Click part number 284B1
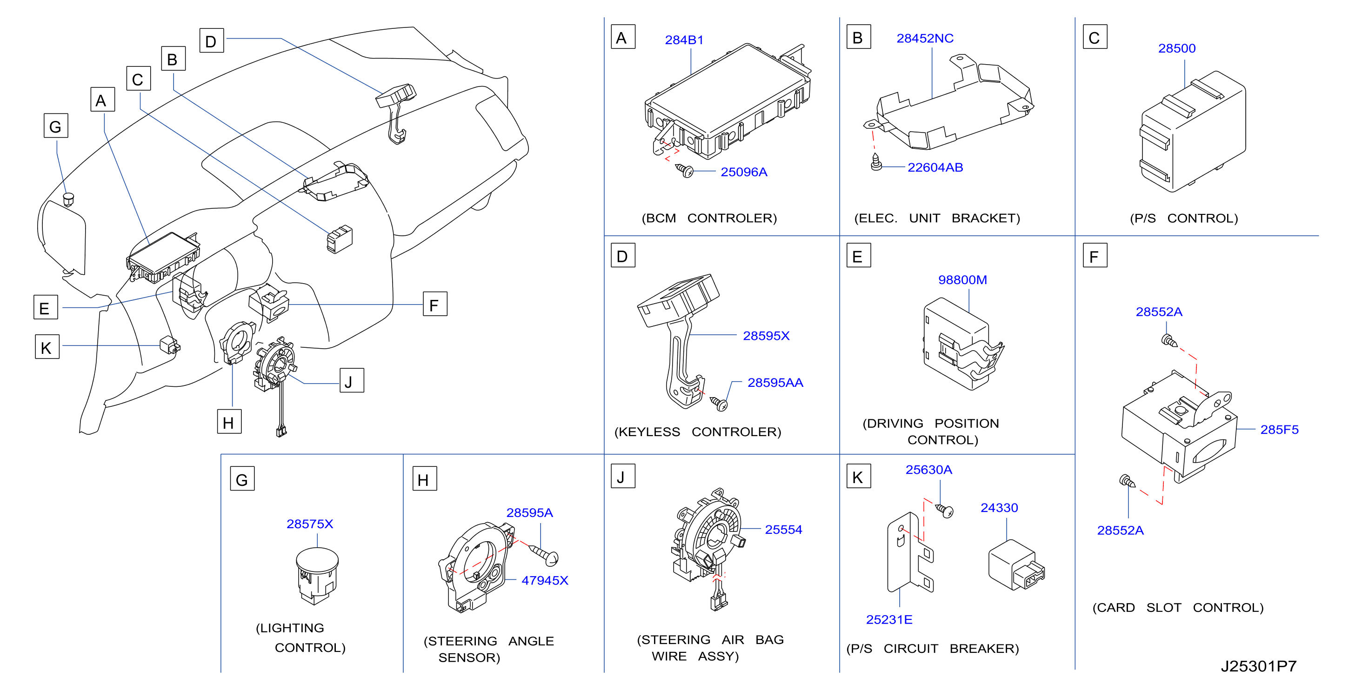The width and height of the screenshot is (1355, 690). pos(684,40)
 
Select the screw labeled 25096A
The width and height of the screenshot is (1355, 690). pos(684,170)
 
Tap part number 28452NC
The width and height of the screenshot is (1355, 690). pos(925,39)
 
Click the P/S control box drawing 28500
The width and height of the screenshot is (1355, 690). pos(1193,132)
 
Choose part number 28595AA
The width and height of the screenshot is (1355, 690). pos(775,383)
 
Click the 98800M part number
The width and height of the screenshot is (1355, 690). pos(962,280)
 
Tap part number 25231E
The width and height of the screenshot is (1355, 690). pos(889,619)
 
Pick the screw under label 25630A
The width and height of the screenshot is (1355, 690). pos(945,510)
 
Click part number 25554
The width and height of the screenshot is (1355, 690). pos(783,530)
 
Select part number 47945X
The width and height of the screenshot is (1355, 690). pos(544,581)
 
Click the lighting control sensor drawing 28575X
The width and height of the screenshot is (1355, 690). pos(317,576)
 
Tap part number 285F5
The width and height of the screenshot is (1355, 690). pos(1279,430)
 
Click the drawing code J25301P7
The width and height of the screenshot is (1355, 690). pos(1259,666)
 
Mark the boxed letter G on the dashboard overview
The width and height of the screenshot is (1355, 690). pos(56,126)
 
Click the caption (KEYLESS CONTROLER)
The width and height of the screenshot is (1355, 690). pos(697,432)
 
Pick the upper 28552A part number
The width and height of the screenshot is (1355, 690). pos(1159,312)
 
